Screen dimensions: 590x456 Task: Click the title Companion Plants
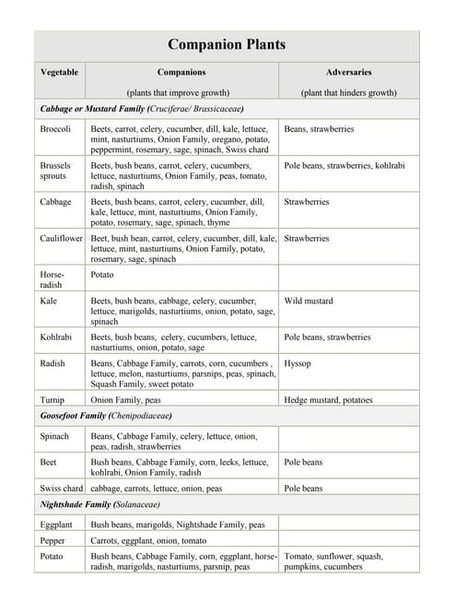(227, 44)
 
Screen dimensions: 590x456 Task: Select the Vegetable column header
(59, 72)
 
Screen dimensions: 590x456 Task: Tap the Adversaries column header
(348, 72)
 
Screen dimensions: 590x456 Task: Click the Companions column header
(181, 72)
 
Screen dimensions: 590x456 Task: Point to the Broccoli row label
(56, 129)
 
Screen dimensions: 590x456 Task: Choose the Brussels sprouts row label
(55, 171)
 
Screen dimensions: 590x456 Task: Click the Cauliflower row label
(61, 238)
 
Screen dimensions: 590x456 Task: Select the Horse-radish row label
(53, 279)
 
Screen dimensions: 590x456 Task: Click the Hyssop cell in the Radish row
(298, 363)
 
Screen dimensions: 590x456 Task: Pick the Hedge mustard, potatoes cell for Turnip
(328, 400)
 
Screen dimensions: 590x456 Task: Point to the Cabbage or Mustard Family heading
(142, 109)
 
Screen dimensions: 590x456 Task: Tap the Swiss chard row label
(61, 488)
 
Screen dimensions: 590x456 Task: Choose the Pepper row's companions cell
(135, 540)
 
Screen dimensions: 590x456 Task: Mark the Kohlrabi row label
(58, 337)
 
